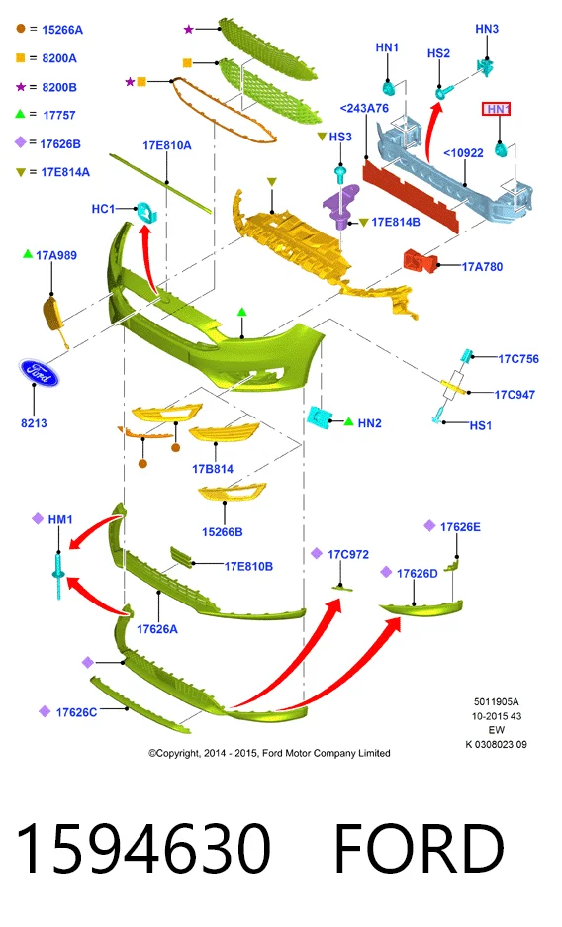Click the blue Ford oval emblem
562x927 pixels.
(39, 372)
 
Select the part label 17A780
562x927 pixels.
(482, 267)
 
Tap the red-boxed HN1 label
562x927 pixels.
(497, 109)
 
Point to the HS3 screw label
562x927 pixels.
(339, 137)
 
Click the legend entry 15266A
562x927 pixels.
(62, 30)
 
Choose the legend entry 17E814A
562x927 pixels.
(65, 172)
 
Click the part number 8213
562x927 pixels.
(34, 423)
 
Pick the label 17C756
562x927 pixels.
(518, 359)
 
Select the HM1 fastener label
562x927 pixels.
(59, 519)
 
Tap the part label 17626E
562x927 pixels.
(460, 526)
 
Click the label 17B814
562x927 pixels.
(213, 469)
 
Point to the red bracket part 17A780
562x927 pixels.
(421, 261)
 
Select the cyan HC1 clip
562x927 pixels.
(144, 211)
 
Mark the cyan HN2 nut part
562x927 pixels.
(320, 417)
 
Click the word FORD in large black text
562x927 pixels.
(420, 849)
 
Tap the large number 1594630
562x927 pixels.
(143, 849)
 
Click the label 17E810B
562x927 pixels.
(248, 566)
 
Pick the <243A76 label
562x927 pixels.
(365, 108)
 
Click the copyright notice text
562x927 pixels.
(269, 753)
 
